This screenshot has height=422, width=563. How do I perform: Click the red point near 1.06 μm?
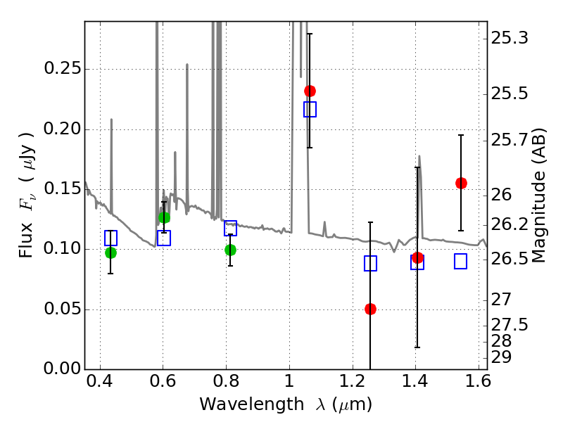[310, 91]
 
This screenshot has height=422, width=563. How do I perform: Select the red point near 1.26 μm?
[370, 309]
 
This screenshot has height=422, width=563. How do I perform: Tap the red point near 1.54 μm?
[461, 183]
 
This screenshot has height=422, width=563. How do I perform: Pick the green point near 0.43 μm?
[110, 252]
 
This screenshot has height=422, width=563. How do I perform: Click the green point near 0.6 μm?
[164, 217]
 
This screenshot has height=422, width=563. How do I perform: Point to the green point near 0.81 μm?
[230, 250]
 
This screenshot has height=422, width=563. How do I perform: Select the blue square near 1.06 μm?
[310, 109]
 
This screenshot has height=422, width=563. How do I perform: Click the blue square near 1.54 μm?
[461, 262]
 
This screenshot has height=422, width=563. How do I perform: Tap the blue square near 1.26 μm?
[370, 263]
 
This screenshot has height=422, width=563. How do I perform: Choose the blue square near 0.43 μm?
[110, 238]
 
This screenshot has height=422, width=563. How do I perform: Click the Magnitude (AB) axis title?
[539, 196]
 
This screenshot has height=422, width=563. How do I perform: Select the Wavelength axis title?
[286, 405]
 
